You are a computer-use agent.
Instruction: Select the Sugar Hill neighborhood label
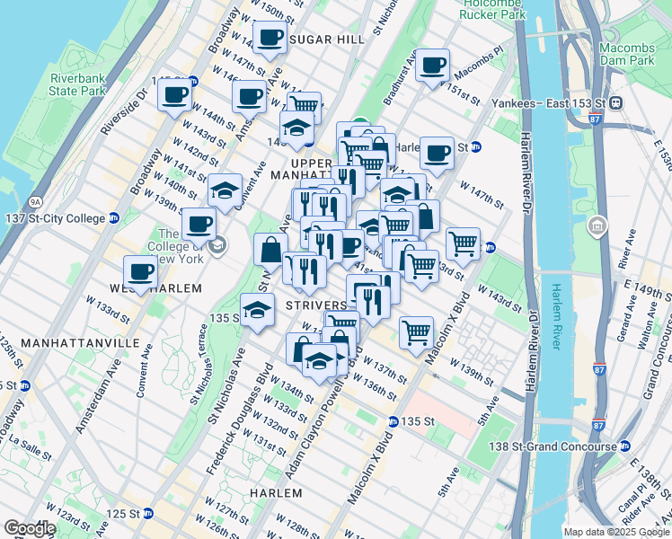point(328,40)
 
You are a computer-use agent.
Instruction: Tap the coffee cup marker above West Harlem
point(140,271)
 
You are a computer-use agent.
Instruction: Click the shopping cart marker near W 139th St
point(416,332)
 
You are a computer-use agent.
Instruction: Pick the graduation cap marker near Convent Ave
point(225,190)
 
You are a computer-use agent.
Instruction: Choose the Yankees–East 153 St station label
point(548,102)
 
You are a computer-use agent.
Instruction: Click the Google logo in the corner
point(29,528)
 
